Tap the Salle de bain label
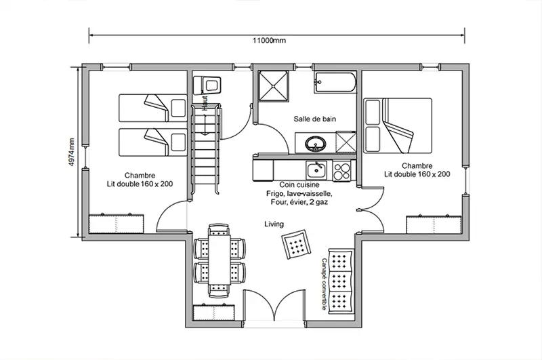tap(315, 119)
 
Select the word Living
tap(274, 224)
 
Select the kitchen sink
tap(315, 169)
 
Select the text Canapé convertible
tap(325, 283)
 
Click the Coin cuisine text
tap(299, 184)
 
